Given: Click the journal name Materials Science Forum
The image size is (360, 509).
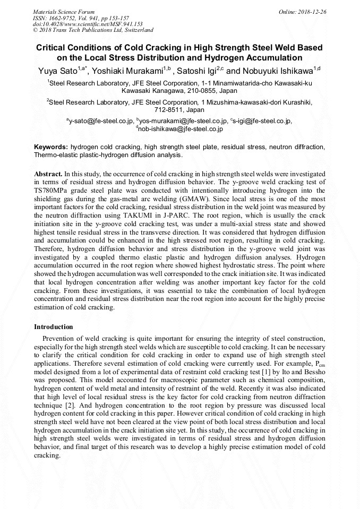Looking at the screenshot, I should click(x=64, y=12).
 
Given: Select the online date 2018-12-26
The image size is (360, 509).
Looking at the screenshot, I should click(x=312, y=12).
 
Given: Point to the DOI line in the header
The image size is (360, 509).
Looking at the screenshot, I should click(x=88, y=24).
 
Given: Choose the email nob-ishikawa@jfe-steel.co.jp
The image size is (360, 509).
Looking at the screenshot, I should click(x=181, y=128).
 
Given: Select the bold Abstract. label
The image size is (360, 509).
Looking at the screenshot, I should click(x=48, y=174).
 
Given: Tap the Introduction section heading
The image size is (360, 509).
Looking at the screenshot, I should click(x=54, y=327).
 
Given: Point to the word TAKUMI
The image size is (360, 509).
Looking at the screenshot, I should click(x=152, y=215).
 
